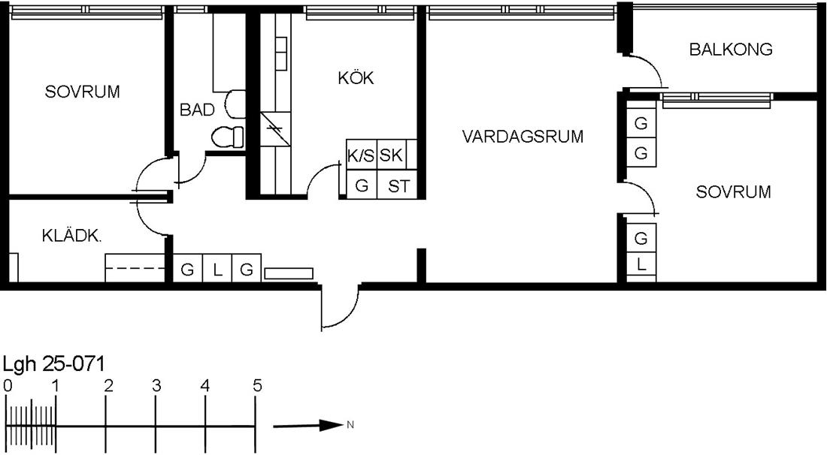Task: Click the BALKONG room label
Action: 731,50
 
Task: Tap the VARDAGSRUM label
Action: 523,137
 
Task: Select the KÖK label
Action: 356,78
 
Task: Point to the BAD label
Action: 197,110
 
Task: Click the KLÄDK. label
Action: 71,236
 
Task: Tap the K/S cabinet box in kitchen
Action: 362,155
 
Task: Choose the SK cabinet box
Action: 392,155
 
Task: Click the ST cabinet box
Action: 398,185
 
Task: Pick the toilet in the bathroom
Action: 228,137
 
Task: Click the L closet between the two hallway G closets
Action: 217,270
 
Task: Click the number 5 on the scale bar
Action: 257,386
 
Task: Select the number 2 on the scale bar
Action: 108,386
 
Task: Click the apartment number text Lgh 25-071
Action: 54,364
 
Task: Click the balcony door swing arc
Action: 650,65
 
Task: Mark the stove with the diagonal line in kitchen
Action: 275,129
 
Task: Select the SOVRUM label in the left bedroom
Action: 82,92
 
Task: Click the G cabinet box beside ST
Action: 362,185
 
